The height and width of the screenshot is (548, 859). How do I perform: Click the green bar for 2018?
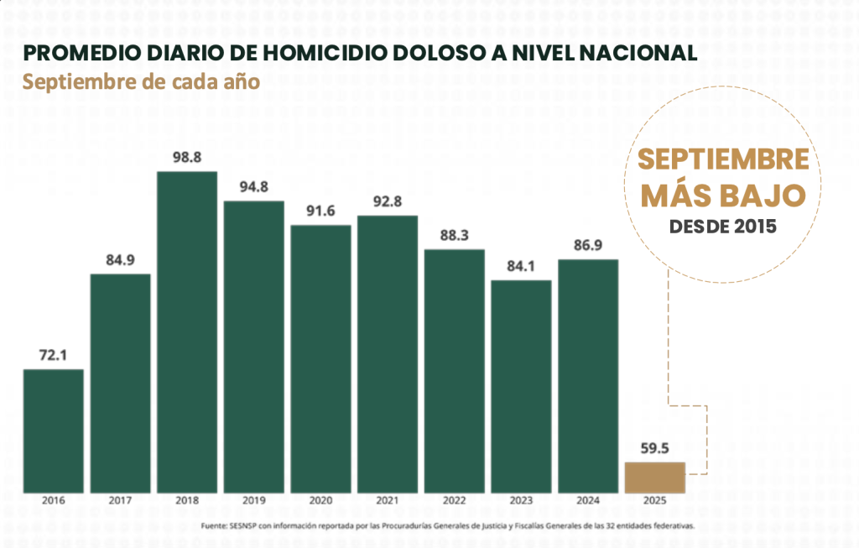[187, 331]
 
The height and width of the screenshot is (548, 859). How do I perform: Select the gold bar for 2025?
[654, 477]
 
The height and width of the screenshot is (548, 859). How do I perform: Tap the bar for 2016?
[53, 431]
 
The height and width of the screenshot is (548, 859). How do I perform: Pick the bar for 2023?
[521, 386]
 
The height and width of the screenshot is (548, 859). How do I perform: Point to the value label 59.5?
[654, 448]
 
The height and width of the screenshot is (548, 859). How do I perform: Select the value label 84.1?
[521, 266]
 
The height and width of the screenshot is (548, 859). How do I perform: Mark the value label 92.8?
[387, 201]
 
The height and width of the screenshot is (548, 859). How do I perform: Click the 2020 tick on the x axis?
[320, 501]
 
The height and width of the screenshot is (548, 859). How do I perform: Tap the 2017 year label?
[120, 501]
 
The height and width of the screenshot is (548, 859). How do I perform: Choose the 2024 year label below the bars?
[588, 501]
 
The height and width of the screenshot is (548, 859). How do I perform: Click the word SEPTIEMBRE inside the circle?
[723, 159]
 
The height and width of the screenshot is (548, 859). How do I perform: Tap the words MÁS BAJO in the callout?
[723, 195]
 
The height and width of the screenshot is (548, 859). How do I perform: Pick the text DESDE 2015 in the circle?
[723, 227]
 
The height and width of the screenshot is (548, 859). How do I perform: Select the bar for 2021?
[387, 353]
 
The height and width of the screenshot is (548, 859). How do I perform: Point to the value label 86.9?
[588, 245]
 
